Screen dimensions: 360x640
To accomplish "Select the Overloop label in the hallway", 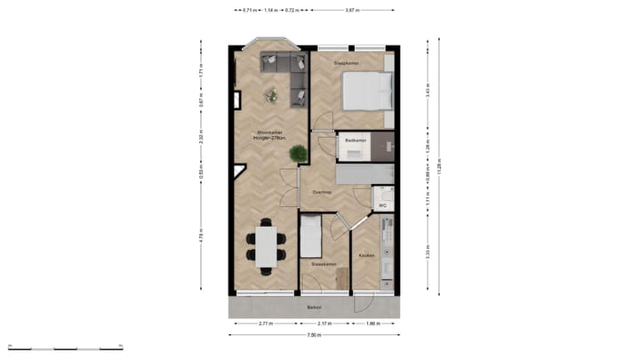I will click(x=321, y=191).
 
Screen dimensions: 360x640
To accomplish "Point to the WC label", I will click(x=382, y=205).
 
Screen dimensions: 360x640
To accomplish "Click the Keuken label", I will click(x=365, y=255).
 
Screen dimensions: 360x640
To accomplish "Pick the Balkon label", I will click(x=313, y=308).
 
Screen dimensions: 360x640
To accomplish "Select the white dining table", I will click(x=267, y=246).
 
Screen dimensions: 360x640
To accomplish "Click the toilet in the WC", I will click(x=383, y=193).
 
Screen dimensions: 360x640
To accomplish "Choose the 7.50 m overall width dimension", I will click(x=314, y=335).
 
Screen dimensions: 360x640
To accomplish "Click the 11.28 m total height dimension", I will click(x=439, y=164).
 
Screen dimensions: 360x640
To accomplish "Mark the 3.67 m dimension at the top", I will click(x=352, y=11).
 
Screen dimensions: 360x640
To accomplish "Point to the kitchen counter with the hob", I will click(x=386, y=253).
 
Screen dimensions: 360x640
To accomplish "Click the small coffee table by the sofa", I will click(x=272, y=95).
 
